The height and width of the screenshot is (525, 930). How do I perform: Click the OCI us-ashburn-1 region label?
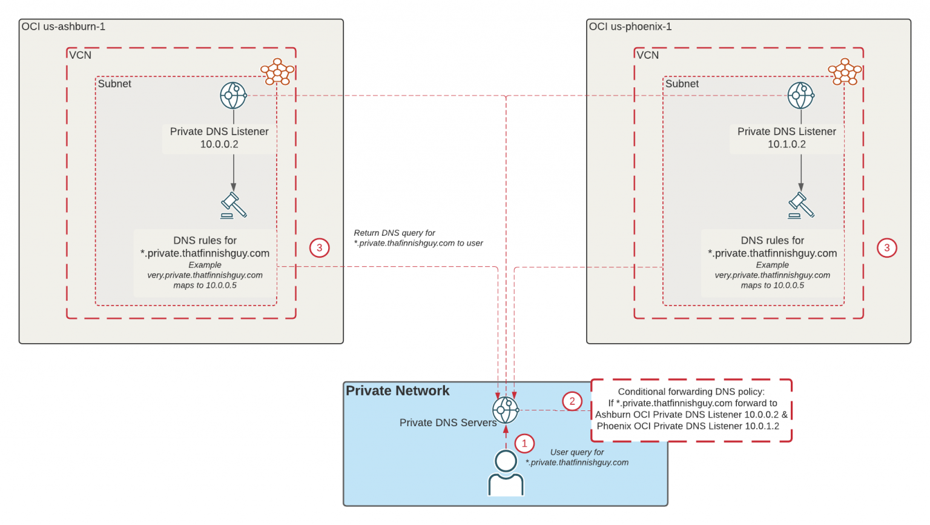click(64, 27)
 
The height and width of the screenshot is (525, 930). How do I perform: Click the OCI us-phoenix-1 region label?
click(630, 27)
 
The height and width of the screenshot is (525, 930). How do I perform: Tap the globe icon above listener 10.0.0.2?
click(233, 96)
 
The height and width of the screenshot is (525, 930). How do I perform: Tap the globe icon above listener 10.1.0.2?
click(800, 96)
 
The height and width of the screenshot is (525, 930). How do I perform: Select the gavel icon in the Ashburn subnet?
click(234, 206)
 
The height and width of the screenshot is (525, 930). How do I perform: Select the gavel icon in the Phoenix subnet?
click(801, 206)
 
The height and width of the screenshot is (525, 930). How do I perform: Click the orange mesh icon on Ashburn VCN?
click(277, 72)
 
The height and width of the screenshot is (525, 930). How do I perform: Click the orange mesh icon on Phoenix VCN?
click(845, 72)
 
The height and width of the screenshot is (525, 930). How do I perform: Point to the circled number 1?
click(524, 443)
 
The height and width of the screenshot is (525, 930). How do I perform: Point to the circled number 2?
click(572, 401)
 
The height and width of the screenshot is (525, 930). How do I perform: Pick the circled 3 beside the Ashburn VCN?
click(320, 247)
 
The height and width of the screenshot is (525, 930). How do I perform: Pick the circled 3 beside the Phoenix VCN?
click(887, 247)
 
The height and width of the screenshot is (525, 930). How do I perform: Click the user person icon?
click(506, 473)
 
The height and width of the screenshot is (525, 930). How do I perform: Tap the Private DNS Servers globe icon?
click(506, 410)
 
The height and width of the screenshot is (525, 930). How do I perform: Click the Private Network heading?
click(398, 391)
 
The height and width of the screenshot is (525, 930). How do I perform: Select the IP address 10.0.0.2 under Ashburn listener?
click(219, 144)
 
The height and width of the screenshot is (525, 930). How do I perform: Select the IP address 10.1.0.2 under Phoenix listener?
click(787, 144)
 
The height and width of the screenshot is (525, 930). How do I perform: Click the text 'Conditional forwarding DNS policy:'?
click(691, 392)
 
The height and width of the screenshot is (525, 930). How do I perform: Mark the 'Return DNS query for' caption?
click(395, 233)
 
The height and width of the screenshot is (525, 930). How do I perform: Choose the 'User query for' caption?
click(576, 452)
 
